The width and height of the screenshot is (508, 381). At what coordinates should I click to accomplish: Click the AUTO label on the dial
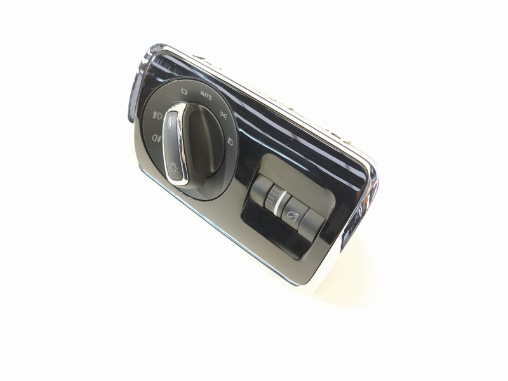[206, 94]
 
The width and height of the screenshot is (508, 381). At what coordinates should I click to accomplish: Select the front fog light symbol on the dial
[157, 116]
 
